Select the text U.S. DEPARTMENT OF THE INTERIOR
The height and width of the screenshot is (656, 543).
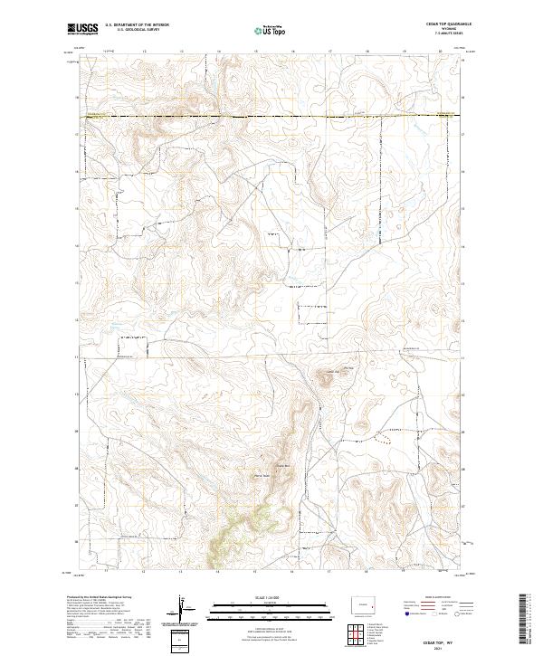point(139,24)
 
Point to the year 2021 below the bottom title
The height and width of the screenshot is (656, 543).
point(445,648)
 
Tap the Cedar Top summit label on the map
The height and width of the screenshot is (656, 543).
point(331,369)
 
